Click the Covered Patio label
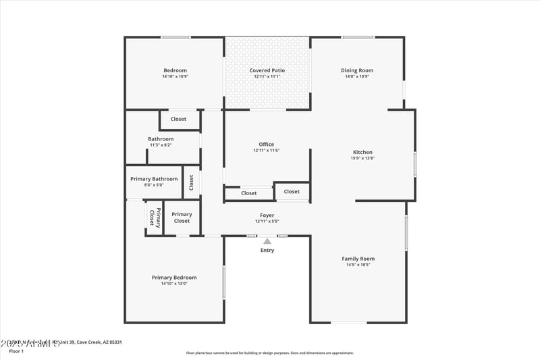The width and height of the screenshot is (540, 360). [x=267, y=70]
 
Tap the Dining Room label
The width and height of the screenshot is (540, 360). [x=357, y=70]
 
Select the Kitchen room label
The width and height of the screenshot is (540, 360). [x=362, y=152]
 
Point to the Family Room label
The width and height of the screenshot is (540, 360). [x=358, y=259]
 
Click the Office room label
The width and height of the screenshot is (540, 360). [x=267, y=144]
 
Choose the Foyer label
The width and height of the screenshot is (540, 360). [x=267, y=215]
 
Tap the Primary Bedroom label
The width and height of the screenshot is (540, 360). [x=174, y=278]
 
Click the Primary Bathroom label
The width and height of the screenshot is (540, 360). [x=154, y=179]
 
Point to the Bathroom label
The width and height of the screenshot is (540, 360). [x=161, y=139]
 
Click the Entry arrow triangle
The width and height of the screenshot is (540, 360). [x=267, y=241]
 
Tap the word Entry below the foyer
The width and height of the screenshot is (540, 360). [x=267, y=251]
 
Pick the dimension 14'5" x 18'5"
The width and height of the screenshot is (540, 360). [x=358, y=265]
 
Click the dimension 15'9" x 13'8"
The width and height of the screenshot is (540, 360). [x=362, y=158]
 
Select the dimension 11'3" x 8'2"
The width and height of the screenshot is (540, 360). [x=161, y=145]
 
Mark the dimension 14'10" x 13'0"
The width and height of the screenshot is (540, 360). [x=174, y=284]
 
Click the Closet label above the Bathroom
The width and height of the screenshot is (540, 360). [x=178, y=119]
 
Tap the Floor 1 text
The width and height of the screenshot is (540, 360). [x=16, y=351]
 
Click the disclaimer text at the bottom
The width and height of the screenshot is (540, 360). [x=270, y=353]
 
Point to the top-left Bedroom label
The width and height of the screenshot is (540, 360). [x=175, y=70]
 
